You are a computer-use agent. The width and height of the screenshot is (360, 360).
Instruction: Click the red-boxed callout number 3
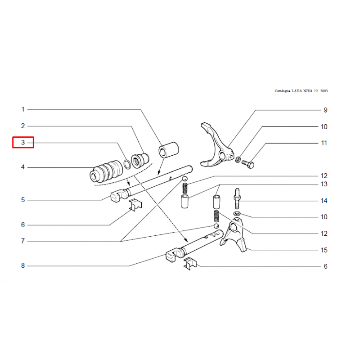pos(23,142)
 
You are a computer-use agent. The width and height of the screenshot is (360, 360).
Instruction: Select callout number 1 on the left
pos(23,109)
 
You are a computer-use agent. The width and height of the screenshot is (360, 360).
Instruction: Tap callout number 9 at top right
pos(325,110)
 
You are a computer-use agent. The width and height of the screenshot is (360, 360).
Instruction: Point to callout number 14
pos(324,201)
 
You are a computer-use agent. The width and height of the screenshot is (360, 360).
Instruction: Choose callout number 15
pos(324,250)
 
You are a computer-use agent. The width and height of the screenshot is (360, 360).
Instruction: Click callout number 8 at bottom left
pos(23,265)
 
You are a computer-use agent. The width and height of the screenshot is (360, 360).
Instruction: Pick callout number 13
pos(324,184)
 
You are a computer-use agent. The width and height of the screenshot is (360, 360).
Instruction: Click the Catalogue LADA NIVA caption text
pos(301,91)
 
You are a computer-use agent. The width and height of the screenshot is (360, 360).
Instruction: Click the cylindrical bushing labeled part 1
pos(169,150)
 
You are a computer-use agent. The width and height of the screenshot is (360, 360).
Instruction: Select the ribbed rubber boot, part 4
pos(106,172)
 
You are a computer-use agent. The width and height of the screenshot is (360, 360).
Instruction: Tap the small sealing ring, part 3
pos(127,164)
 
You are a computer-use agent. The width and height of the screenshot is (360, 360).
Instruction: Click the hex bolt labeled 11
pos(247,164)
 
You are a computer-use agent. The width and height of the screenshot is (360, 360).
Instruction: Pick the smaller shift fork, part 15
pos(233,234)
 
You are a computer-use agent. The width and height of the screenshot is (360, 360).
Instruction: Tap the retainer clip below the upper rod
pos(135,205)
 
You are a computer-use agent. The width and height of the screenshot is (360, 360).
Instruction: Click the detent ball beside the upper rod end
pos(185,179)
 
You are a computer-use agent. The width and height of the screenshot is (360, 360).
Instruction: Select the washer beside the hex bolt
pos(238,159)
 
